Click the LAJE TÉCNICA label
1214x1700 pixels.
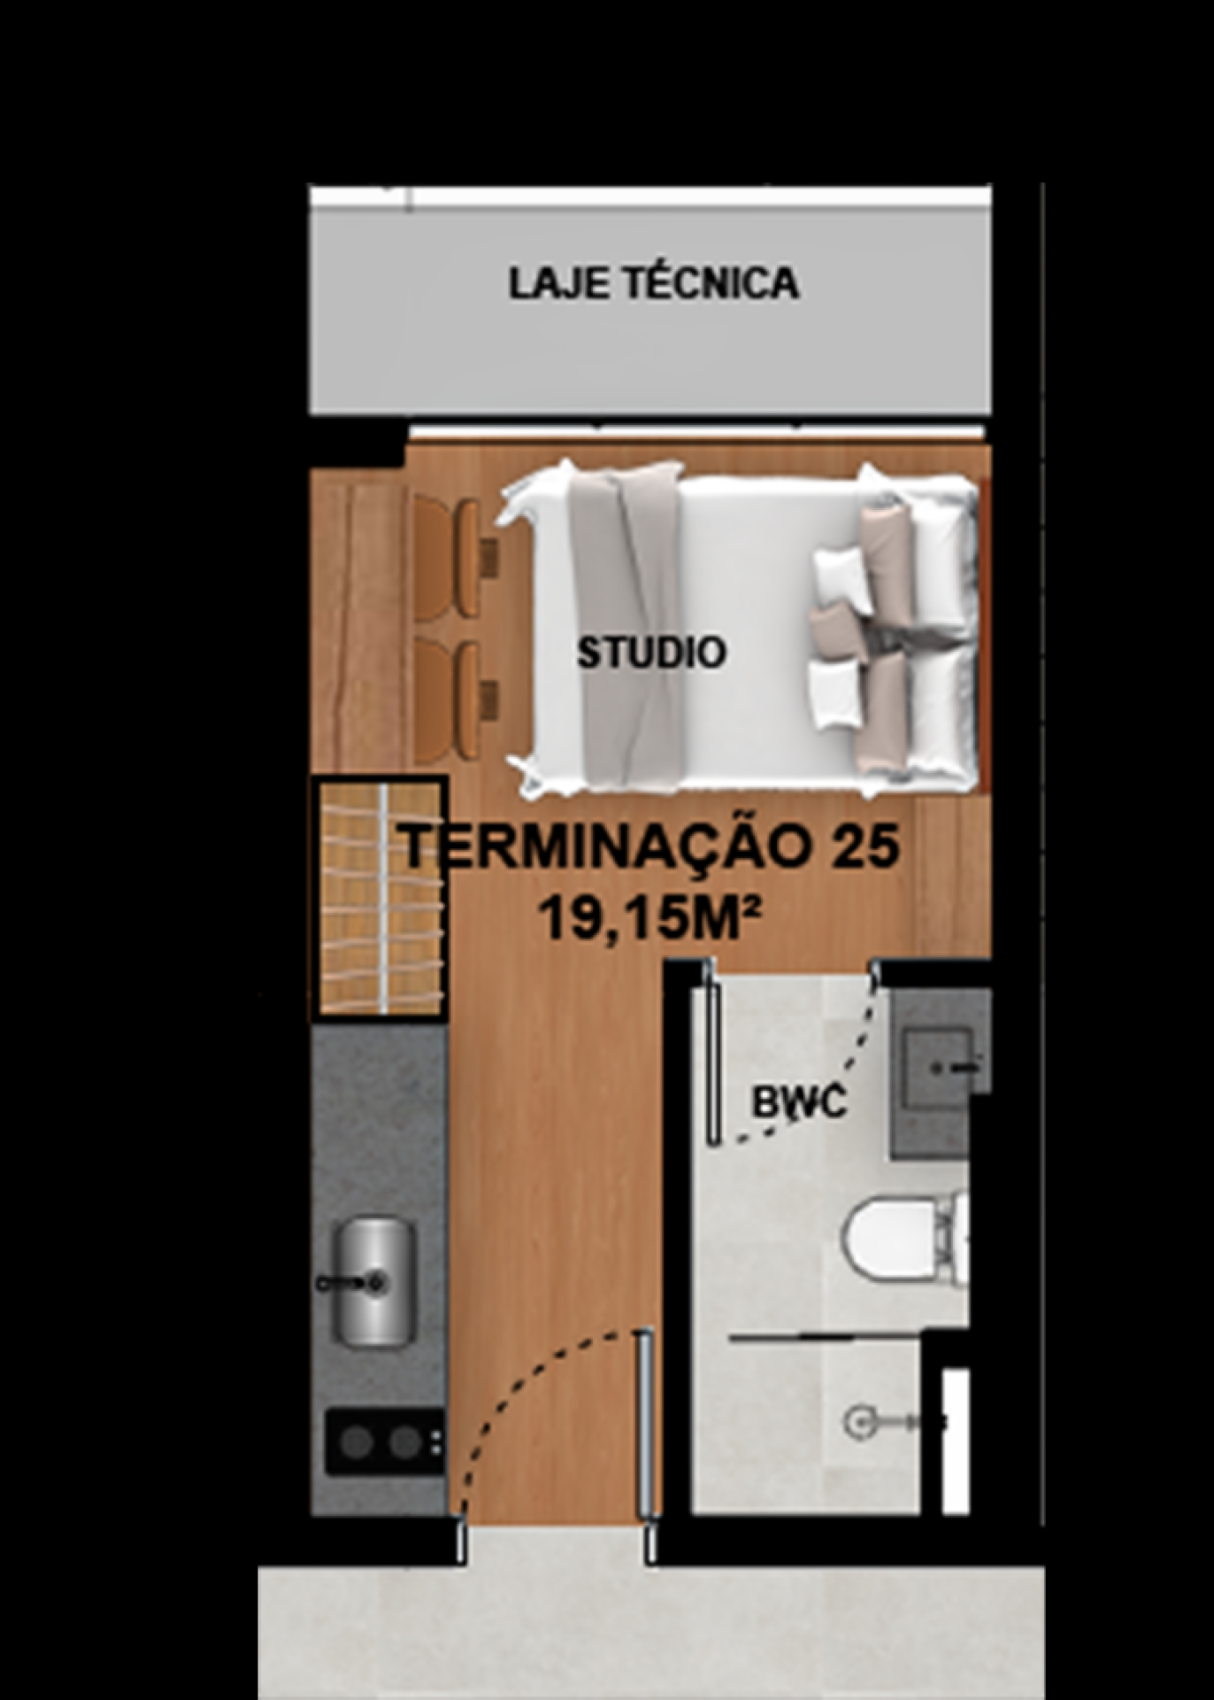point(653,283)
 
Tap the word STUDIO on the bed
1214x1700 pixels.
point(651,653)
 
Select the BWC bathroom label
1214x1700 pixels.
point(799,1102)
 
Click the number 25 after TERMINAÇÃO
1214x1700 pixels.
point(864,846)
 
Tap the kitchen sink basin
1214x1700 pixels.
point(373,1281)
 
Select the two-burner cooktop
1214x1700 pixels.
point(385,1441)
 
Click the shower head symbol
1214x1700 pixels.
point(858,1422)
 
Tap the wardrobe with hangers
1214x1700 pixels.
point(378,898)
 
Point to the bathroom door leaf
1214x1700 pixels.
point(711,1054)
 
